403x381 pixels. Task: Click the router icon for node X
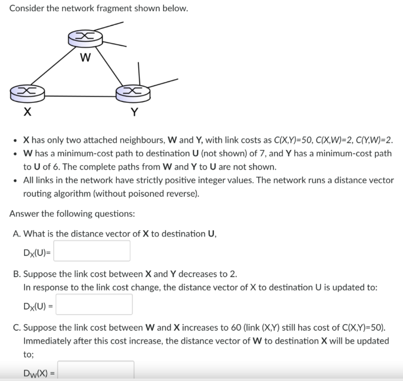click(27, 92)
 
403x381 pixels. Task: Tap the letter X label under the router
click(26, 113)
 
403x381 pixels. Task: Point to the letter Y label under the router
click(134, 113)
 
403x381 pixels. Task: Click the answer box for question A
click(92, 251)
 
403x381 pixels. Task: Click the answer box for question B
click(94, 304)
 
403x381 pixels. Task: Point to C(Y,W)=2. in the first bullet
click(374, 140)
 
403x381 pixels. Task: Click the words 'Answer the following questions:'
click(72, 214)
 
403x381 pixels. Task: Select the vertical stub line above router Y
click(139, 73)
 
